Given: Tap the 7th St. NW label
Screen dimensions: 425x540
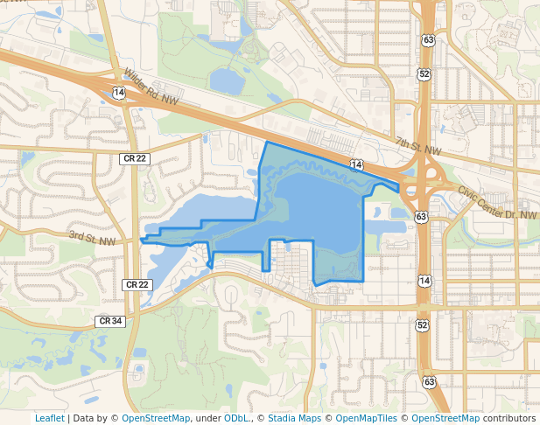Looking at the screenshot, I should click(418, 146).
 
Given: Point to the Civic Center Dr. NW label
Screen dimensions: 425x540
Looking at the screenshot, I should click(495, 204).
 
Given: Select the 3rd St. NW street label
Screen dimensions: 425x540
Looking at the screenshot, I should click(92, 238).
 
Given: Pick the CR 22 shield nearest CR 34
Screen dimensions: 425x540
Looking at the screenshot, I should click(137, 285).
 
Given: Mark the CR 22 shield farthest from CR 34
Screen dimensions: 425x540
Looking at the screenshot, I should click(135, 157).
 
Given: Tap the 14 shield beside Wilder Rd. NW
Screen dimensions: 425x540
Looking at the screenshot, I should click(119, 92).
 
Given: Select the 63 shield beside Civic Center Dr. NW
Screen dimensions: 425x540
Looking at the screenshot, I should click(423, 215).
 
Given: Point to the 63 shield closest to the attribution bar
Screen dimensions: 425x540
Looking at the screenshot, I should click(429, 381).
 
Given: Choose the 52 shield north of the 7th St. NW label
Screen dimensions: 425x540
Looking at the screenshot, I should click(424, 74).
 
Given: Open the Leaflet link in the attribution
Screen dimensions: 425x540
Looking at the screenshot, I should click(49, 418).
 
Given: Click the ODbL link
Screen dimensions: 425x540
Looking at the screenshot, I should click(236, 418).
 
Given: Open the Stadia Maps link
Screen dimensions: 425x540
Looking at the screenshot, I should click(294, 418).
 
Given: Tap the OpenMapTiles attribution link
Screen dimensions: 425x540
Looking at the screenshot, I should click(366, 418).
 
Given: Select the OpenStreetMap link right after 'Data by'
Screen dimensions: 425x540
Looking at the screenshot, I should click(156, 418).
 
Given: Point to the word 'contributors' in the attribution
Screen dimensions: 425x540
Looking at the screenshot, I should click(509, 418).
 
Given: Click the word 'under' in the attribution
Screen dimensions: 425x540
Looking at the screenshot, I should click(207, 418).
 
